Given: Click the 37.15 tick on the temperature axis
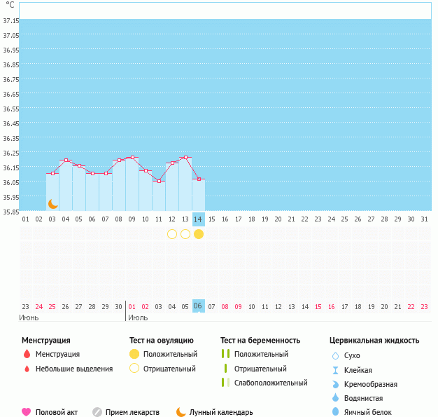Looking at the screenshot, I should (x=10, y=21).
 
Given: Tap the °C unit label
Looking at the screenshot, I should (x=10, y=5).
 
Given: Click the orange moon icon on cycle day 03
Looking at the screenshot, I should (x=52, y=204).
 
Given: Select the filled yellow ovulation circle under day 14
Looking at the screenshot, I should (x=199, y=234).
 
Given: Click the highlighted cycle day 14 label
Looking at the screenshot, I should (x=199, y=219).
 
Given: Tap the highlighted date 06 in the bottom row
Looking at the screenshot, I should (x=198, y=306).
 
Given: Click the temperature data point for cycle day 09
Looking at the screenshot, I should (x=132, y=157).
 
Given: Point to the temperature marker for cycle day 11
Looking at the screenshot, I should (x=159, y=182).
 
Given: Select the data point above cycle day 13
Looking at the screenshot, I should (x=185, y=157).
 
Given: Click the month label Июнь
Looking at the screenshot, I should (x=29, y=317).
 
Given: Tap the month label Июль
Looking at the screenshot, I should (x=137, y=317).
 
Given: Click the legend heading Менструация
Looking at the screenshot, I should (x=46, y=341).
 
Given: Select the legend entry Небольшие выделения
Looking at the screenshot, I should (x=73, y=369).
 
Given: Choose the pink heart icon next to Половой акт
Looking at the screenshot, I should (x=27, y=412).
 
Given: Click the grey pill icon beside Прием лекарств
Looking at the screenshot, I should (x=97, y=412).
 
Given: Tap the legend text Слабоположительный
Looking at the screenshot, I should (x=271, y=383).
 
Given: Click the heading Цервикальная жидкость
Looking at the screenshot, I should (x=374, y=341).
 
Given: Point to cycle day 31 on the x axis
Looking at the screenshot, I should (x=423, y=219).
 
